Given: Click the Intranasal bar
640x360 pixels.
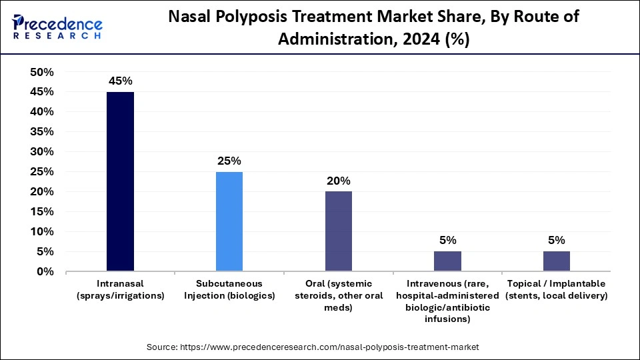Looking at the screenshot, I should coord(120,181).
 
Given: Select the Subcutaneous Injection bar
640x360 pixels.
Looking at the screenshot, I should coord(229,221).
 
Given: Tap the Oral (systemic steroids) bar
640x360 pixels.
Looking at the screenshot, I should coord(338,231).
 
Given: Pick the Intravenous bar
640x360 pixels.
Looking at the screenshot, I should coord(447,261).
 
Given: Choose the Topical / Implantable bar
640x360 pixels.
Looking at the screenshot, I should coord(556,261).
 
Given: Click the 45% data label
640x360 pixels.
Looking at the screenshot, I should coord(120,81).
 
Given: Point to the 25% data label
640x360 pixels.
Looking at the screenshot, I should coord(229,161).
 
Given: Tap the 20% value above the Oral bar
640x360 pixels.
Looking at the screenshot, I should coord(338,181).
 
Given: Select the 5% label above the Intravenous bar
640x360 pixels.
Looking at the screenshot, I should coord(447,240).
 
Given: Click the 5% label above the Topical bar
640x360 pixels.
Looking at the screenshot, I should coord(556,240).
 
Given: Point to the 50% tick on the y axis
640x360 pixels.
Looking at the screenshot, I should coord(42,72).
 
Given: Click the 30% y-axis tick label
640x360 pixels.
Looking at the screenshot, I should coord(42,152).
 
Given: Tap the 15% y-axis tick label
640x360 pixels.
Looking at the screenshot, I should coord(42,212).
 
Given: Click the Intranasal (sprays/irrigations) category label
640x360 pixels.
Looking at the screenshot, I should coord(120,289).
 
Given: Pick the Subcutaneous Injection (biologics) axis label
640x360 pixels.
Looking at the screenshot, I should coord(229,289).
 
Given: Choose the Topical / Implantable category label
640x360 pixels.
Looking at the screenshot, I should coord(556,289).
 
